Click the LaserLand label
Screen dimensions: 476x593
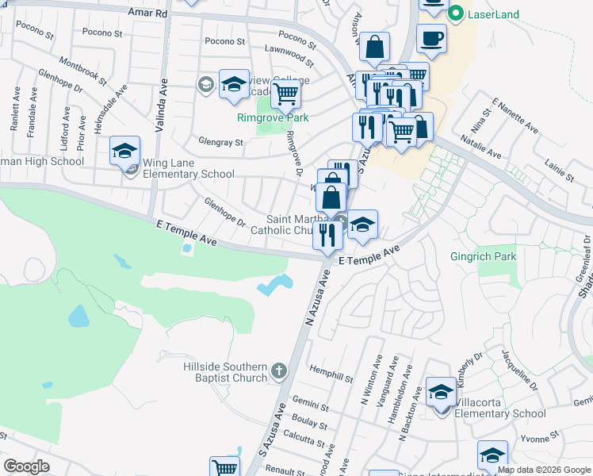pyautogui.click(x=494, y=13)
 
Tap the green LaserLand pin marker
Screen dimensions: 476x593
pyautogui.click(x=455, y=13)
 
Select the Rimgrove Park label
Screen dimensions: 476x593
pyautogui.click(x=273, y=118)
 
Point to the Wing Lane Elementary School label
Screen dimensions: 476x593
pyautogui.click(x=189, y=168)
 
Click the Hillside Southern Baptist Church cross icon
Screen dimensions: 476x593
pyautogui.click(x=278, y=370)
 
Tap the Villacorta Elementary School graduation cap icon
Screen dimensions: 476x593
pyautogui.click(x=441, y=393)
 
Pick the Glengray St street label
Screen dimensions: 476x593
pyautogui.click(x=221, y=142)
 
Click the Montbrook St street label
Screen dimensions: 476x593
pyautogui.click(x=82, y=73)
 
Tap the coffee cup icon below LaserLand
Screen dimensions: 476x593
pyautogui.click(x=431, y=37)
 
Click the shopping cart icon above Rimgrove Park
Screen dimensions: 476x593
pyautogui.click(x=286, y=94)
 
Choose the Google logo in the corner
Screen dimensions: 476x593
pyautogui.click(x=26, y=466)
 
